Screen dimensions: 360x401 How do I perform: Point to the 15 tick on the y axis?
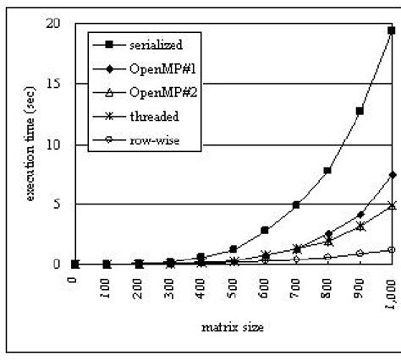53,84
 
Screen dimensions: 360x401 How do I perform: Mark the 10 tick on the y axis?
53,144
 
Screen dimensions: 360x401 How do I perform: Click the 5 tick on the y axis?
57,204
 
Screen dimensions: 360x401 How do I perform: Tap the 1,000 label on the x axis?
391,287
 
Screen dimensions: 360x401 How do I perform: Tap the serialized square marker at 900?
360,111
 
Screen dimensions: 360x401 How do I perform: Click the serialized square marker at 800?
327,171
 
